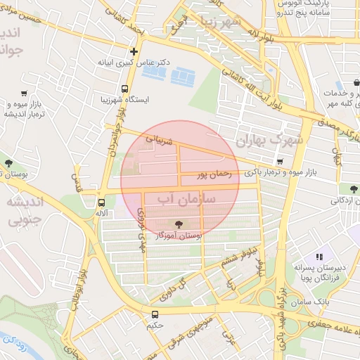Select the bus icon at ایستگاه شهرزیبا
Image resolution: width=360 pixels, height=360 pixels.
124,89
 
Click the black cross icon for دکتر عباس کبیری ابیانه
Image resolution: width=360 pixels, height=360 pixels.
134,51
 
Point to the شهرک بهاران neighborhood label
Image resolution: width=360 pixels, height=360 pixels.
271,140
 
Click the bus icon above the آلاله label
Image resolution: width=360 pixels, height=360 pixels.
102,203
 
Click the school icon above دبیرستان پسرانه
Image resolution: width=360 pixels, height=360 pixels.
319,257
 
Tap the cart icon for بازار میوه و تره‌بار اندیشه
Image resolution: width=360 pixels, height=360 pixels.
25,93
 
